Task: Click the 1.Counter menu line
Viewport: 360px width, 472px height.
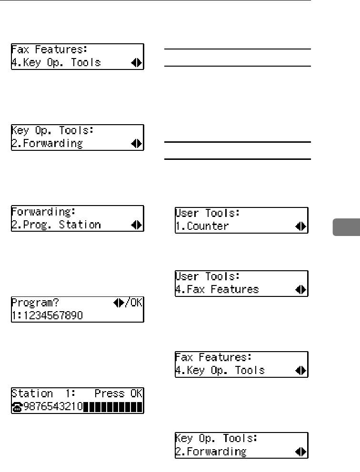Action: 202,226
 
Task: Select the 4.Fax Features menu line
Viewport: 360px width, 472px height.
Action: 217,289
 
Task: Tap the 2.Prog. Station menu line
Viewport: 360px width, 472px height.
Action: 56,225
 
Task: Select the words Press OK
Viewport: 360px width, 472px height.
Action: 119,393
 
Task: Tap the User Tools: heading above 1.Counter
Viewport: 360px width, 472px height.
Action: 208,213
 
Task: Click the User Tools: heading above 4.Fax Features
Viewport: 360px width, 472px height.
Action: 208,276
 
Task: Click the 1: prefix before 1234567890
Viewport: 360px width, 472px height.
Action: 15,315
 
